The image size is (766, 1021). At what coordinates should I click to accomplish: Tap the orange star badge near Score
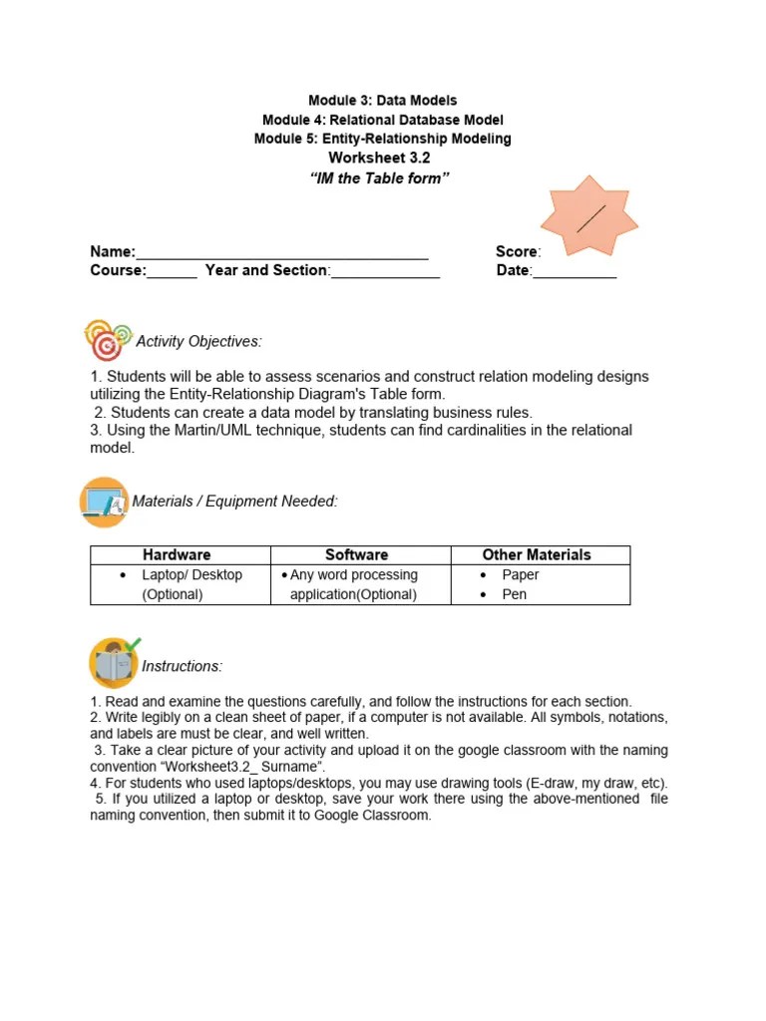coord(589,216)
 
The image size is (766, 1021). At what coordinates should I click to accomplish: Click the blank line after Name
coord(282,253)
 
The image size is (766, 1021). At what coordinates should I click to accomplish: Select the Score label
coord(518,252)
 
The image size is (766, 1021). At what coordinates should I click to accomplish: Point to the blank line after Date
coord(574,272)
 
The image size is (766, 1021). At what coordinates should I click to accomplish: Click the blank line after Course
coord(173,272)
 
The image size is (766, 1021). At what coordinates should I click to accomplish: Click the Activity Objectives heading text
coord(198,342)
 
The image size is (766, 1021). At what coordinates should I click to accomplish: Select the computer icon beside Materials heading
coord(104,502)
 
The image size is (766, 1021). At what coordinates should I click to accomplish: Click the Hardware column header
coord(177,555)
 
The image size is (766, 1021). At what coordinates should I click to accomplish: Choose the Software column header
coord(356,555)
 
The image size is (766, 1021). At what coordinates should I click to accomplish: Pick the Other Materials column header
coord(537,555)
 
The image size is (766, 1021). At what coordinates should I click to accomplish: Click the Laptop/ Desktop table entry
coord(191,575)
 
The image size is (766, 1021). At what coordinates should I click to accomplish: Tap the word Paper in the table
coord(521,575)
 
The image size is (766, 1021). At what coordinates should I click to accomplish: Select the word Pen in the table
coord(515,595)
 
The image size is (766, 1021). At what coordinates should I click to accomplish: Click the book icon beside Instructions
coord(113,663)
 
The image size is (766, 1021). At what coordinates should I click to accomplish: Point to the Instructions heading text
coord(183,666)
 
